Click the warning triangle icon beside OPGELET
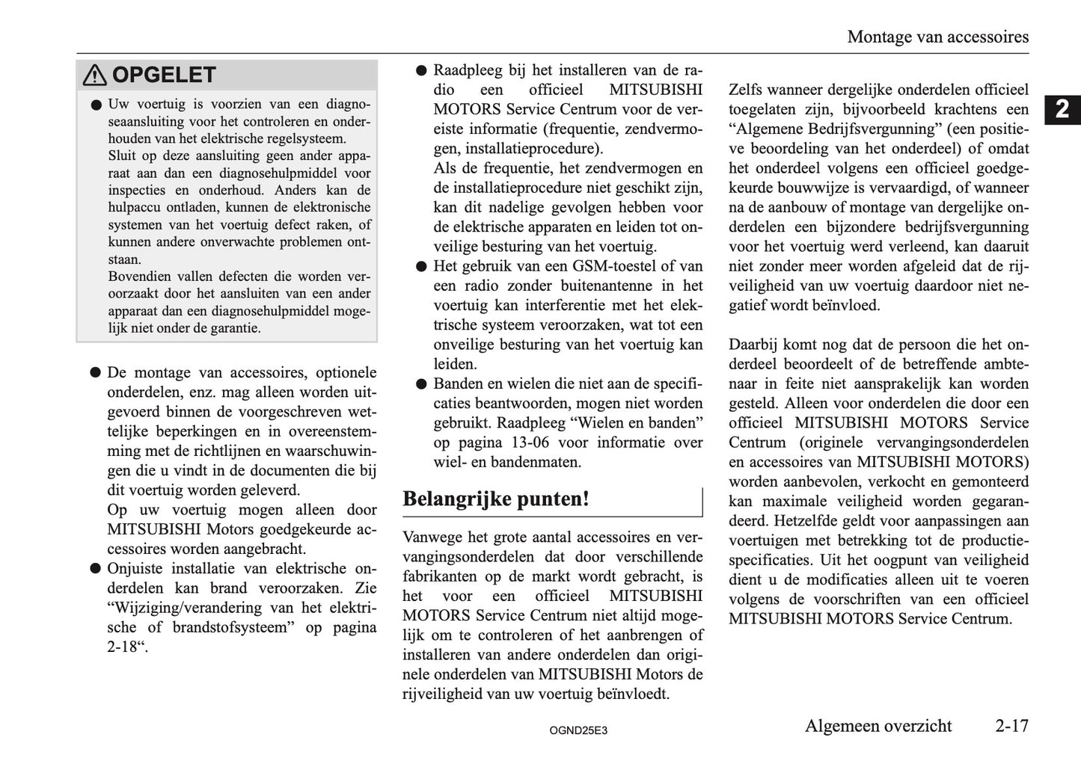[x=95, y=76]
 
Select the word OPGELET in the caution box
[x=163, y=76]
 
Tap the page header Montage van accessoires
[x=937, y=37]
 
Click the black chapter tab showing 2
[x=1062, y=110]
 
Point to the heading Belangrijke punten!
[x=496, y=499]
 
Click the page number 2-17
[x=1011, y=726]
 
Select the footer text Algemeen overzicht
[x=878, y=726]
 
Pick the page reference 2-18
[x=124, y=647]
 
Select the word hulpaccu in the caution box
[x=133, y=208]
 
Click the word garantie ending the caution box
[x=233, y=328]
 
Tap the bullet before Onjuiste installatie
[x=95, y=569]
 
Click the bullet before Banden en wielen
[x=420, y=384]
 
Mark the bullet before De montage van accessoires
[x=95, y=373]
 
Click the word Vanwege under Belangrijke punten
[x=430, y=537]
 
